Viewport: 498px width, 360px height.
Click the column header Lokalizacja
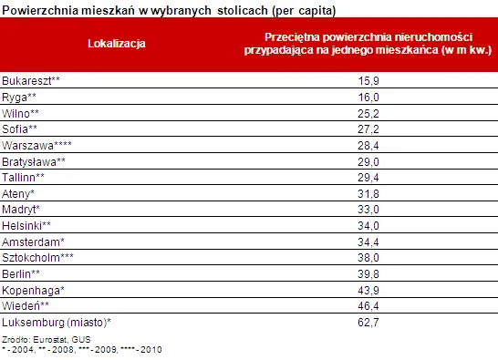117,44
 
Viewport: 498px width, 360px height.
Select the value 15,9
368,81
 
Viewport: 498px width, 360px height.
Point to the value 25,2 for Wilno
368,113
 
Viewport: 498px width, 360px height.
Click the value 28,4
368,146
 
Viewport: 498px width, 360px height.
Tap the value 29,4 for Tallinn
368,178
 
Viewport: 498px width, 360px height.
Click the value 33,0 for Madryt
368,210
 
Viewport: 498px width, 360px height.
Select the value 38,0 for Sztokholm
368,257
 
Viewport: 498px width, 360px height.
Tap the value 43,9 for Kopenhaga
368,290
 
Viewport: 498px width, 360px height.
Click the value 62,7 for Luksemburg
368,323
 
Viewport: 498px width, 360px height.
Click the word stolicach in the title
243,10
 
